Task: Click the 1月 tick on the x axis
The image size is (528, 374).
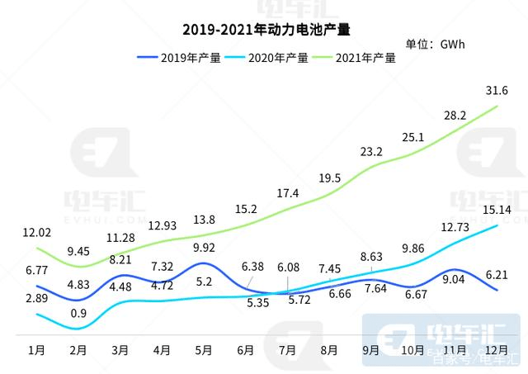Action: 36,349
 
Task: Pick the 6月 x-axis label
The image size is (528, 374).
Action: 245,349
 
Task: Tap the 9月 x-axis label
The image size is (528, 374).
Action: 370,349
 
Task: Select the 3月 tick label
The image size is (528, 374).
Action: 120,349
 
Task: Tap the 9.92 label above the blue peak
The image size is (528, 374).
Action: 203,247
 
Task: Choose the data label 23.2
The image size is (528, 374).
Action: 371,152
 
